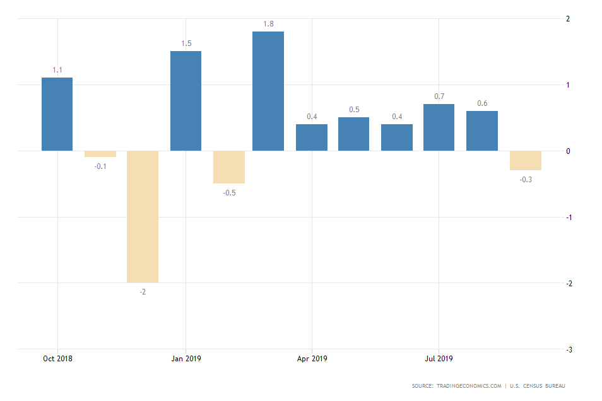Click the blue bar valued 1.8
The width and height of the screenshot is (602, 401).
268,91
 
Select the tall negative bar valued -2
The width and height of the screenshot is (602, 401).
143,216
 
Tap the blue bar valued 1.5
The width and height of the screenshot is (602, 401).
186,101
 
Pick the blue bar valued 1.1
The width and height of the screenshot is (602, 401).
57,114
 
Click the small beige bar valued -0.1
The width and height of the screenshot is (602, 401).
100,154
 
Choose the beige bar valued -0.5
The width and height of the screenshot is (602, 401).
229,167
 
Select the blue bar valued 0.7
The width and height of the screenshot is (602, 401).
439,127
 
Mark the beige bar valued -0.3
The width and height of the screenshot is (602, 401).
526,160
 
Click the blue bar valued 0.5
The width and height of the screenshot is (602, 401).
353,134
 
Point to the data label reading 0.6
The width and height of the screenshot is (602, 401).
482,103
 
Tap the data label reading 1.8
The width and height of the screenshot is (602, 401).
268,24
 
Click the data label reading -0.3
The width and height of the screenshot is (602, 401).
526,180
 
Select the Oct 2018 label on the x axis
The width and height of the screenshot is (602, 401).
57,359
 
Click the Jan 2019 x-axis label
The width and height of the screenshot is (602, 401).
186,359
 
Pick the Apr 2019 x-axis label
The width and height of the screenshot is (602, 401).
312,359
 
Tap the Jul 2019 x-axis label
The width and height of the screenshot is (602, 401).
439,359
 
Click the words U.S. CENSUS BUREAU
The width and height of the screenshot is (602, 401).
542,386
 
